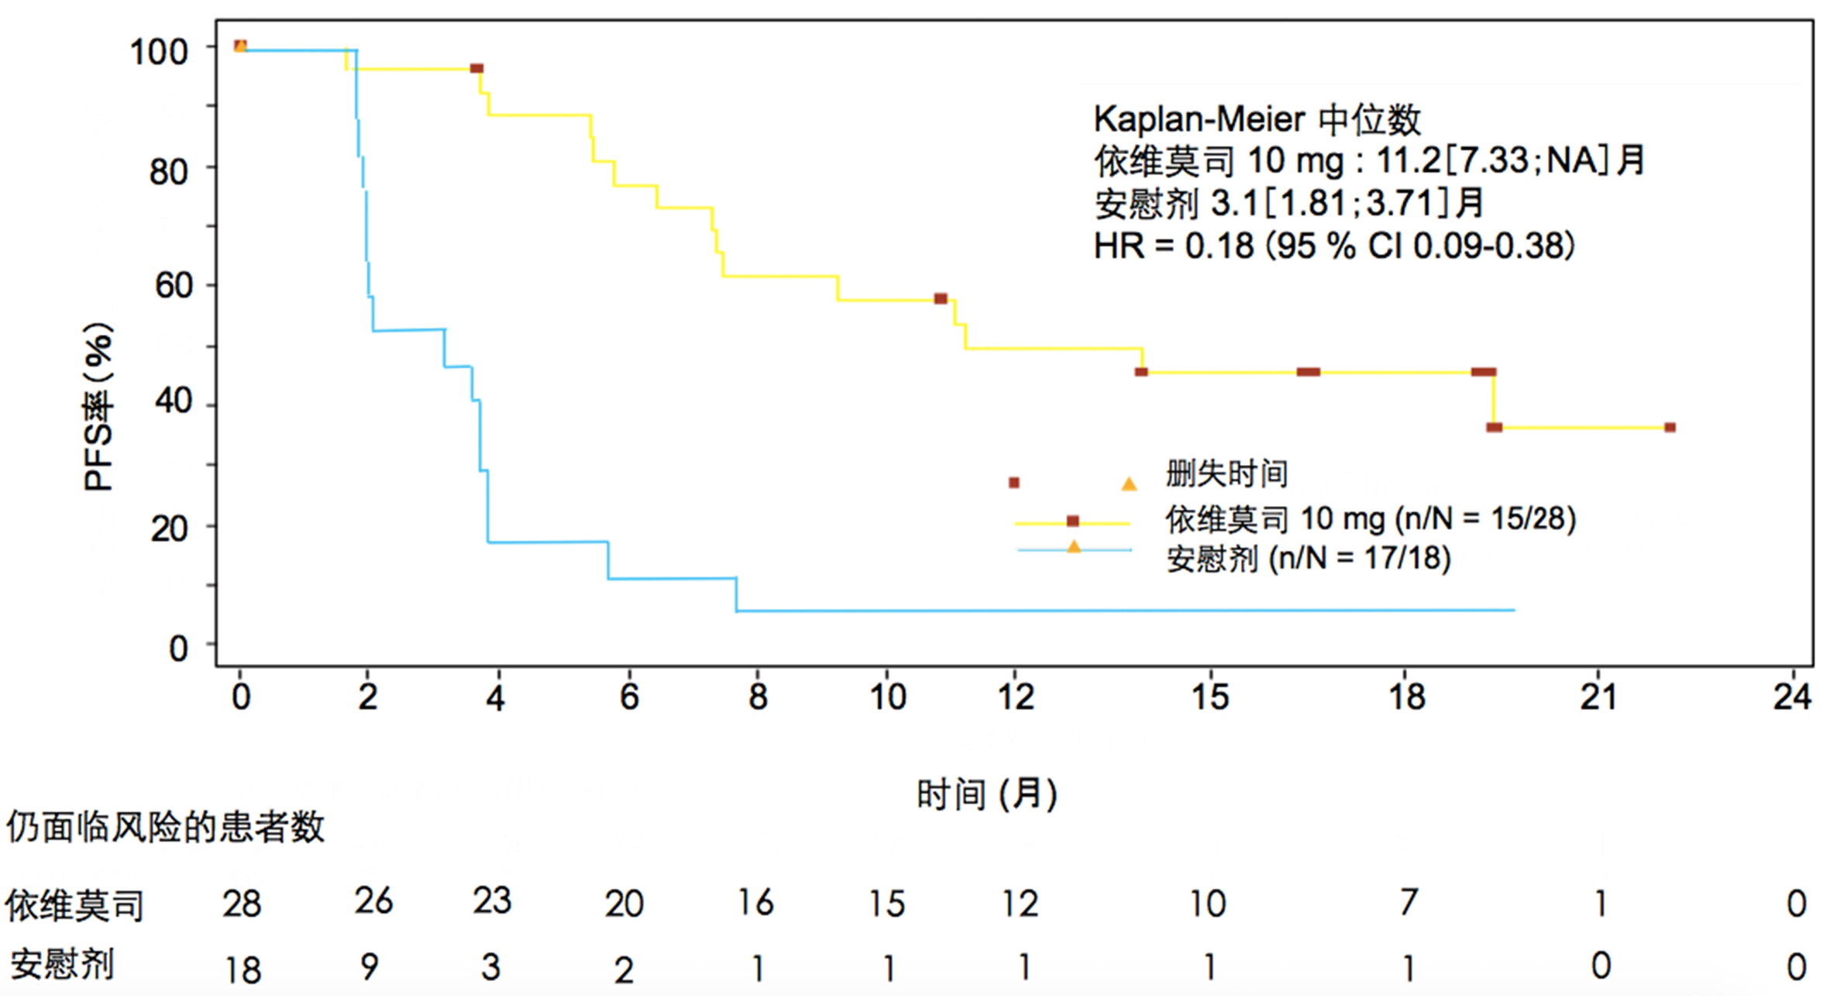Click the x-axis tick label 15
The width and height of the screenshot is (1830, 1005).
pos(1209,697)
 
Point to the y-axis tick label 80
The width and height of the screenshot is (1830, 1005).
pos(169,172)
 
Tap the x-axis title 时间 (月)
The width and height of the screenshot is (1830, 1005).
pos(986,795)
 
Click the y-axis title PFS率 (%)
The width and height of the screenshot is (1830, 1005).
pos(98,407)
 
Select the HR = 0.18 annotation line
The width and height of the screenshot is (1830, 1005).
pos(1333,246)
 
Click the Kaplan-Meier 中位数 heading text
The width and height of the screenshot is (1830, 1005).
pos(1257,120)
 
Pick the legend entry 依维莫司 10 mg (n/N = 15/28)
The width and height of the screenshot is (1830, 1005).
pos(1370,519)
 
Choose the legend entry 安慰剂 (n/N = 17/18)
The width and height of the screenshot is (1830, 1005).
pos(1308,559)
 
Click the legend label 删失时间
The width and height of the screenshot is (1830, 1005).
pos(1226,474)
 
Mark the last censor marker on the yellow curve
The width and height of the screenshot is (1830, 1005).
pos(1670,428)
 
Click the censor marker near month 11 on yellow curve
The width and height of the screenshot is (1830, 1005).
pos(941,299)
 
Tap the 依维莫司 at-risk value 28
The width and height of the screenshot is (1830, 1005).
pos(242,904)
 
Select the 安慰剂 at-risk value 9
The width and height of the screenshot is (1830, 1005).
pos(370,967)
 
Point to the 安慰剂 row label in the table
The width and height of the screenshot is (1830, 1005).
pos(62,965)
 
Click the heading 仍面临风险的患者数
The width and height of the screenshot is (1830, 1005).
pos(165,828)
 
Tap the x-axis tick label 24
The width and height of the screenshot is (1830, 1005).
pos(1792,697)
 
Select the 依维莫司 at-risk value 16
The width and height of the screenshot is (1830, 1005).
pos(755,903)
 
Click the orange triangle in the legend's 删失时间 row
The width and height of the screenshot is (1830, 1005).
pos(1129,484)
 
